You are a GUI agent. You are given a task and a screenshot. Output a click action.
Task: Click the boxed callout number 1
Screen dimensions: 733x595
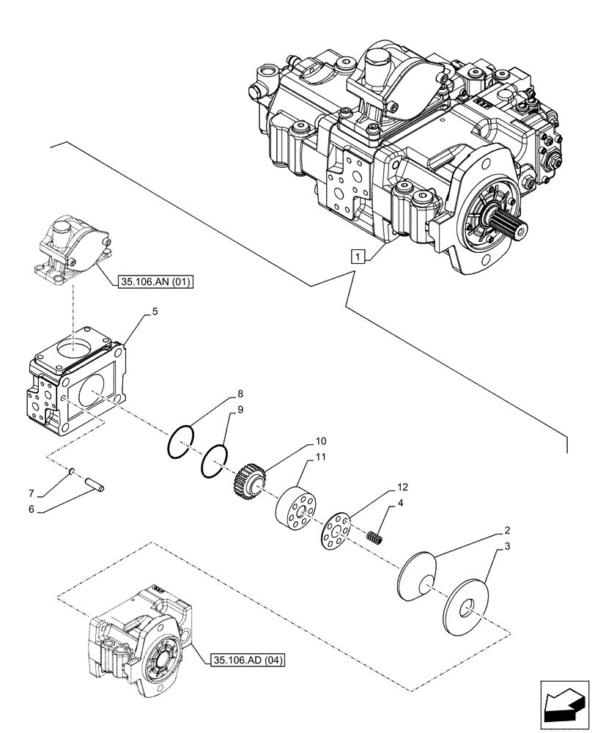tap(356, 257)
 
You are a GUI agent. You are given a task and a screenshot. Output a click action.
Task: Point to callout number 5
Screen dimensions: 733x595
tap(155, 312)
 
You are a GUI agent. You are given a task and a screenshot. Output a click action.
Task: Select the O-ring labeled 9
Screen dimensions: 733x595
tap(213, 461)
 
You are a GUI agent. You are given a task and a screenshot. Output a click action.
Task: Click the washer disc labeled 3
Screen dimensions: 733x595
tap(467, 602)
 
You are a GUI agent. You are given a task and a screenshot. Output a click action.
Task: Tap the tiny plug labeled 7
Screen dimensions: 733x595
tap(74, 472)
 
